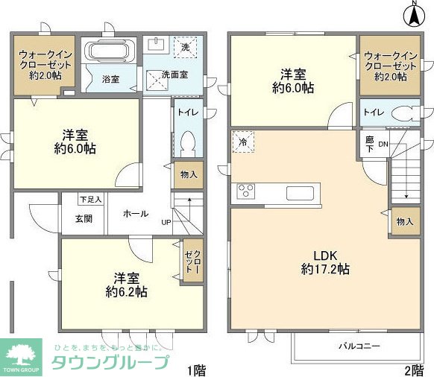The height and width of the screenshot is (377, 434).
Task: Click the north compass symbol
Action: click(x=413, y=14)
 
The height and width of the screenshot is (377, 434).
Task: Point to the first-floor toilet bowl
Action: click(x=188, y=141)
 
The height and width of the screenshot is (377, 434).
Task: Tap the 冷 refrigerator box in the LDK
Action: click(x=242, y=140)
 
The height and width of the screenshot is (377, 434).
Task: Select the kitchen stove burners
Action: click(x=246, y=191)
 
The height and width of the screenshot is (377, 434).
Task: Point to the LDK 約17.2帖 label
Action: click(x=326, y=261)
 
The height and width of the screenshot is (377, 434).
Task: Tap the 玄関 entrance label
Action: click(x=84, y=218)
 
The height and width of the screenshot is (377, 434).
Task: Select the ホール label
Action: click(x=135, y=213)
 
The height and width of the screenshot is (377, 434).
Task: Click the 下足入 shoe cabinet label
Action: click(x=91, y=199)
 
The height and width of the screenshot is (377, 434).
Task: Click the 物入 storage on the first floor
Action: click(x=188, y=175)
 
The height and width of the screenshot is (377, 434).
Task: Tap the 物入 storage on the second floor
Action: click(x=405, y=222)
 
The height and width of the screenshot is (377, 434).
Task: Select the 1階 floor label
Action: click(x=195, y=369)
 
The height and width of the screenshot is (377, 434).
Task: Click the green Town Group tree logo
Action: click(x=24, y=354)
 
